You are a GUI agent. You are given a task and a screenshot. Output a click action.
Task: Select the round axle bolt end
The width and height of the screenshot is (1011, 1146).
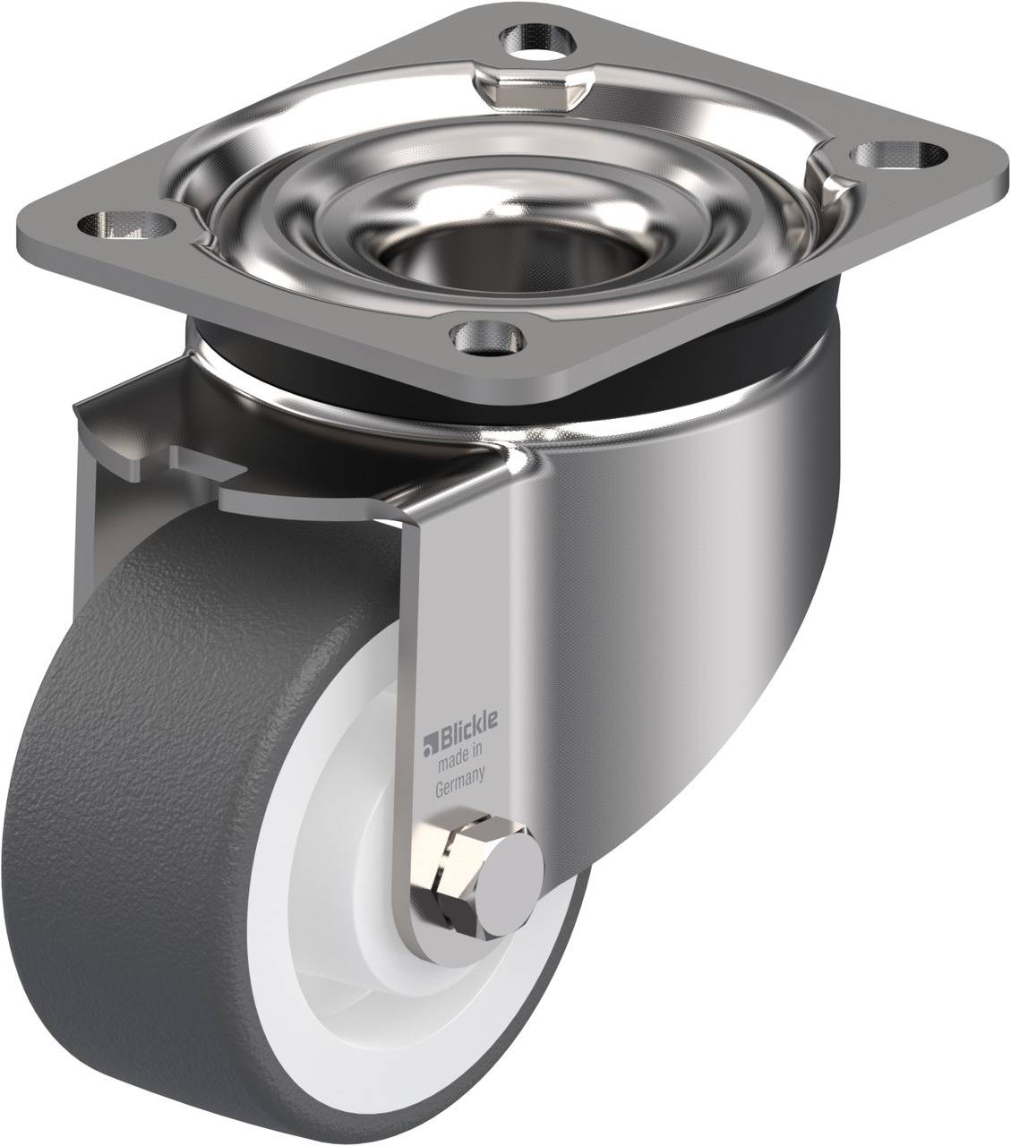(511, 894)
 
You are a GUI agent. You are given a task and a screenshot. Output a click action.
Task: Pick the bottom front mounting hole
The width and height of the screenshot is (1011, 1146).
(487, 338)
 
